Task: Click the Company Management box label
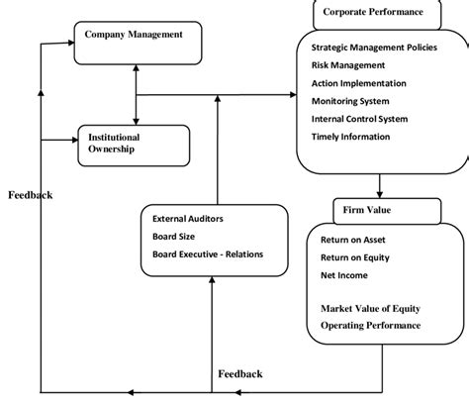pyautogui.click(x=134, y=35)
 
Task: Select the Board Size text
pyautogui.click(x=176, y=236)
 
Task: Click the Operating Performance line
pyautogui.click(x=370, y=325)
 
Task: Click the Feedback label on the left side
pyautogui.click(x=30, y=196)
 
